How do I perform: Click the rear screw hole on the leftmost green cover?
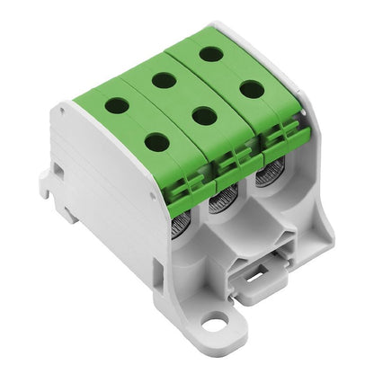pyautogui.click(x=117, y=105)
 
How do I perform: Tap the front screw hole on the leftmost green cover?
pyautogui.click(x=156, y=141)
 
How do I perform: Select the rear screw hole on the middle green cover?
pyautogui.click(x=164, y=80)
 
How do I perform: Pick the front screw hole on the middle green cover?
pyautogui.click(x=205, y=115)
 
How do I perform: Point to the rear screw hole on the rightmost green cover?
pyautogui.click(x=211, y=54)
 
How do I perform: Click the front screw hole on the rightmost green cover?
pyautogui.click(x=252, y=88)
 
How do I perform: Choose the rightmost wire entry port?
pyautogui.click(x=263, y=174)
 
